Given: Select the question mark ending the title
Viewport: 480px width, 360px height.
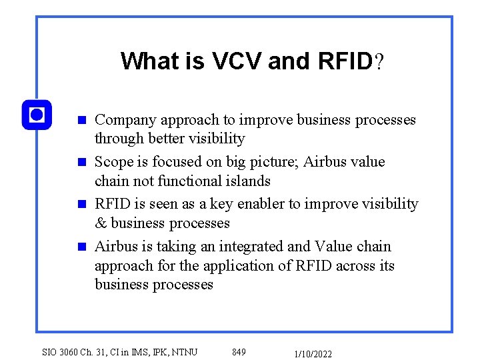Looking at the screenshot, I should click(379, 62).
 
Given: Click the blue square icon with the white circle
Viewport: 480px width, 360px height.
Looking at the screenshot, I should click(37, 115).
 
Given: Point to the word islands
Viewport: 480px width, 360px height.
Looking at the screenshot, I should click(247, 181).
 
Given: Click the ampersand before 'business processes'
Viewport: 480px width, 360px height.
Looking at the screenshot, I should click(101, 223).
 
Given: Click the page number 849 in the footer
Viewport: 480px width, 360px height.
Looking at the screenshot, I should click(239, 352).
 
